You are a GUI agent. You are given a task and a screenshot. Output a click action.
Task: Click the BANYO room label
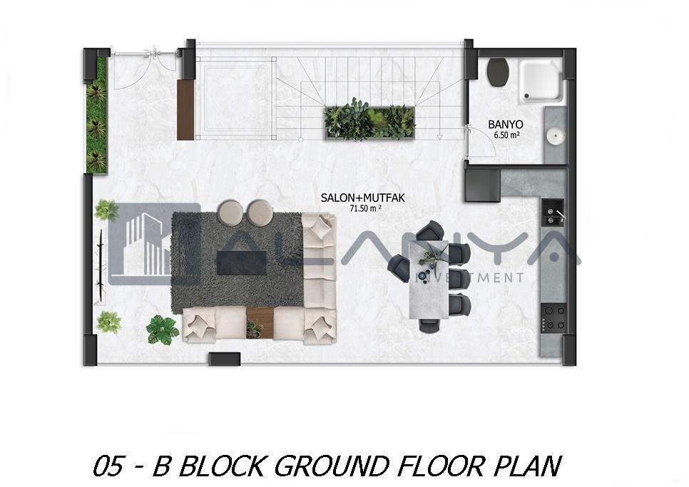505,125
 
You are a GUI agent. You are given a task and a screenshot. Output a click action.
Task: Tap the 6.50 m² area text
506,135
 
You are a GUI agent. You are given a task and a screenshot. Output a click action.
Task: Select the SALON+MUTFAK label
362,198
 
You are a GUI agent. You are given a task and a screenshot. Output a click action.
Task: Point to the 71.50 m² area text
364,209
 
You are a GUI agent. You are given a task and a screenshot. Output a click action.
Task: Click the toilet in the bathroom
499,71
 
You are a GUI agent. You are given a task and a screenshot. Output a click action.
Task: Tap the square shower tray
541,82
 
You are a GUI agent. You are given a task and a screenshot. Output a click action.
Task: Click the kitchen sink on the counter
552,212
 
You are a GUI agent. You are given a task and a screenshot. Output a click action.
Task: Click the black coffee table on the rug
242,262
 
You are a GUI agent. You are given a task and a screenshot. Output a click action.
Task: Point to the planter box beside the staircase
370,123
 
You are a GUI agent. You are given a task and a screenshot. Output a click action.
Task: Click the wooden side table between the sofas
260,323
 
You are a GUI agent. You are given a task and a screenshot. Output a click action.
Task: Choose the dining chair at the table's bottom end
429,325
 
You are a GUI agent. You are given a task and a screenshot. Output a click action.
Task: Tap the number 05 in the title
108,466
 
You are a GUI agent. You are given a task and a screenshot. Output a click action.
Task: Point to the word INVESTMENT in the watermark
470,277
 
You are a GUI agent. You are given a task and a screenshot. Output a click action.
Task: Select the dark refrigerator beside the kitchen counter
483,185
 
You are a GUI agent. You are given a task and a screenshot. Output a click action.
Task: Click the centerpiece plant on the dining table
430,259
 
